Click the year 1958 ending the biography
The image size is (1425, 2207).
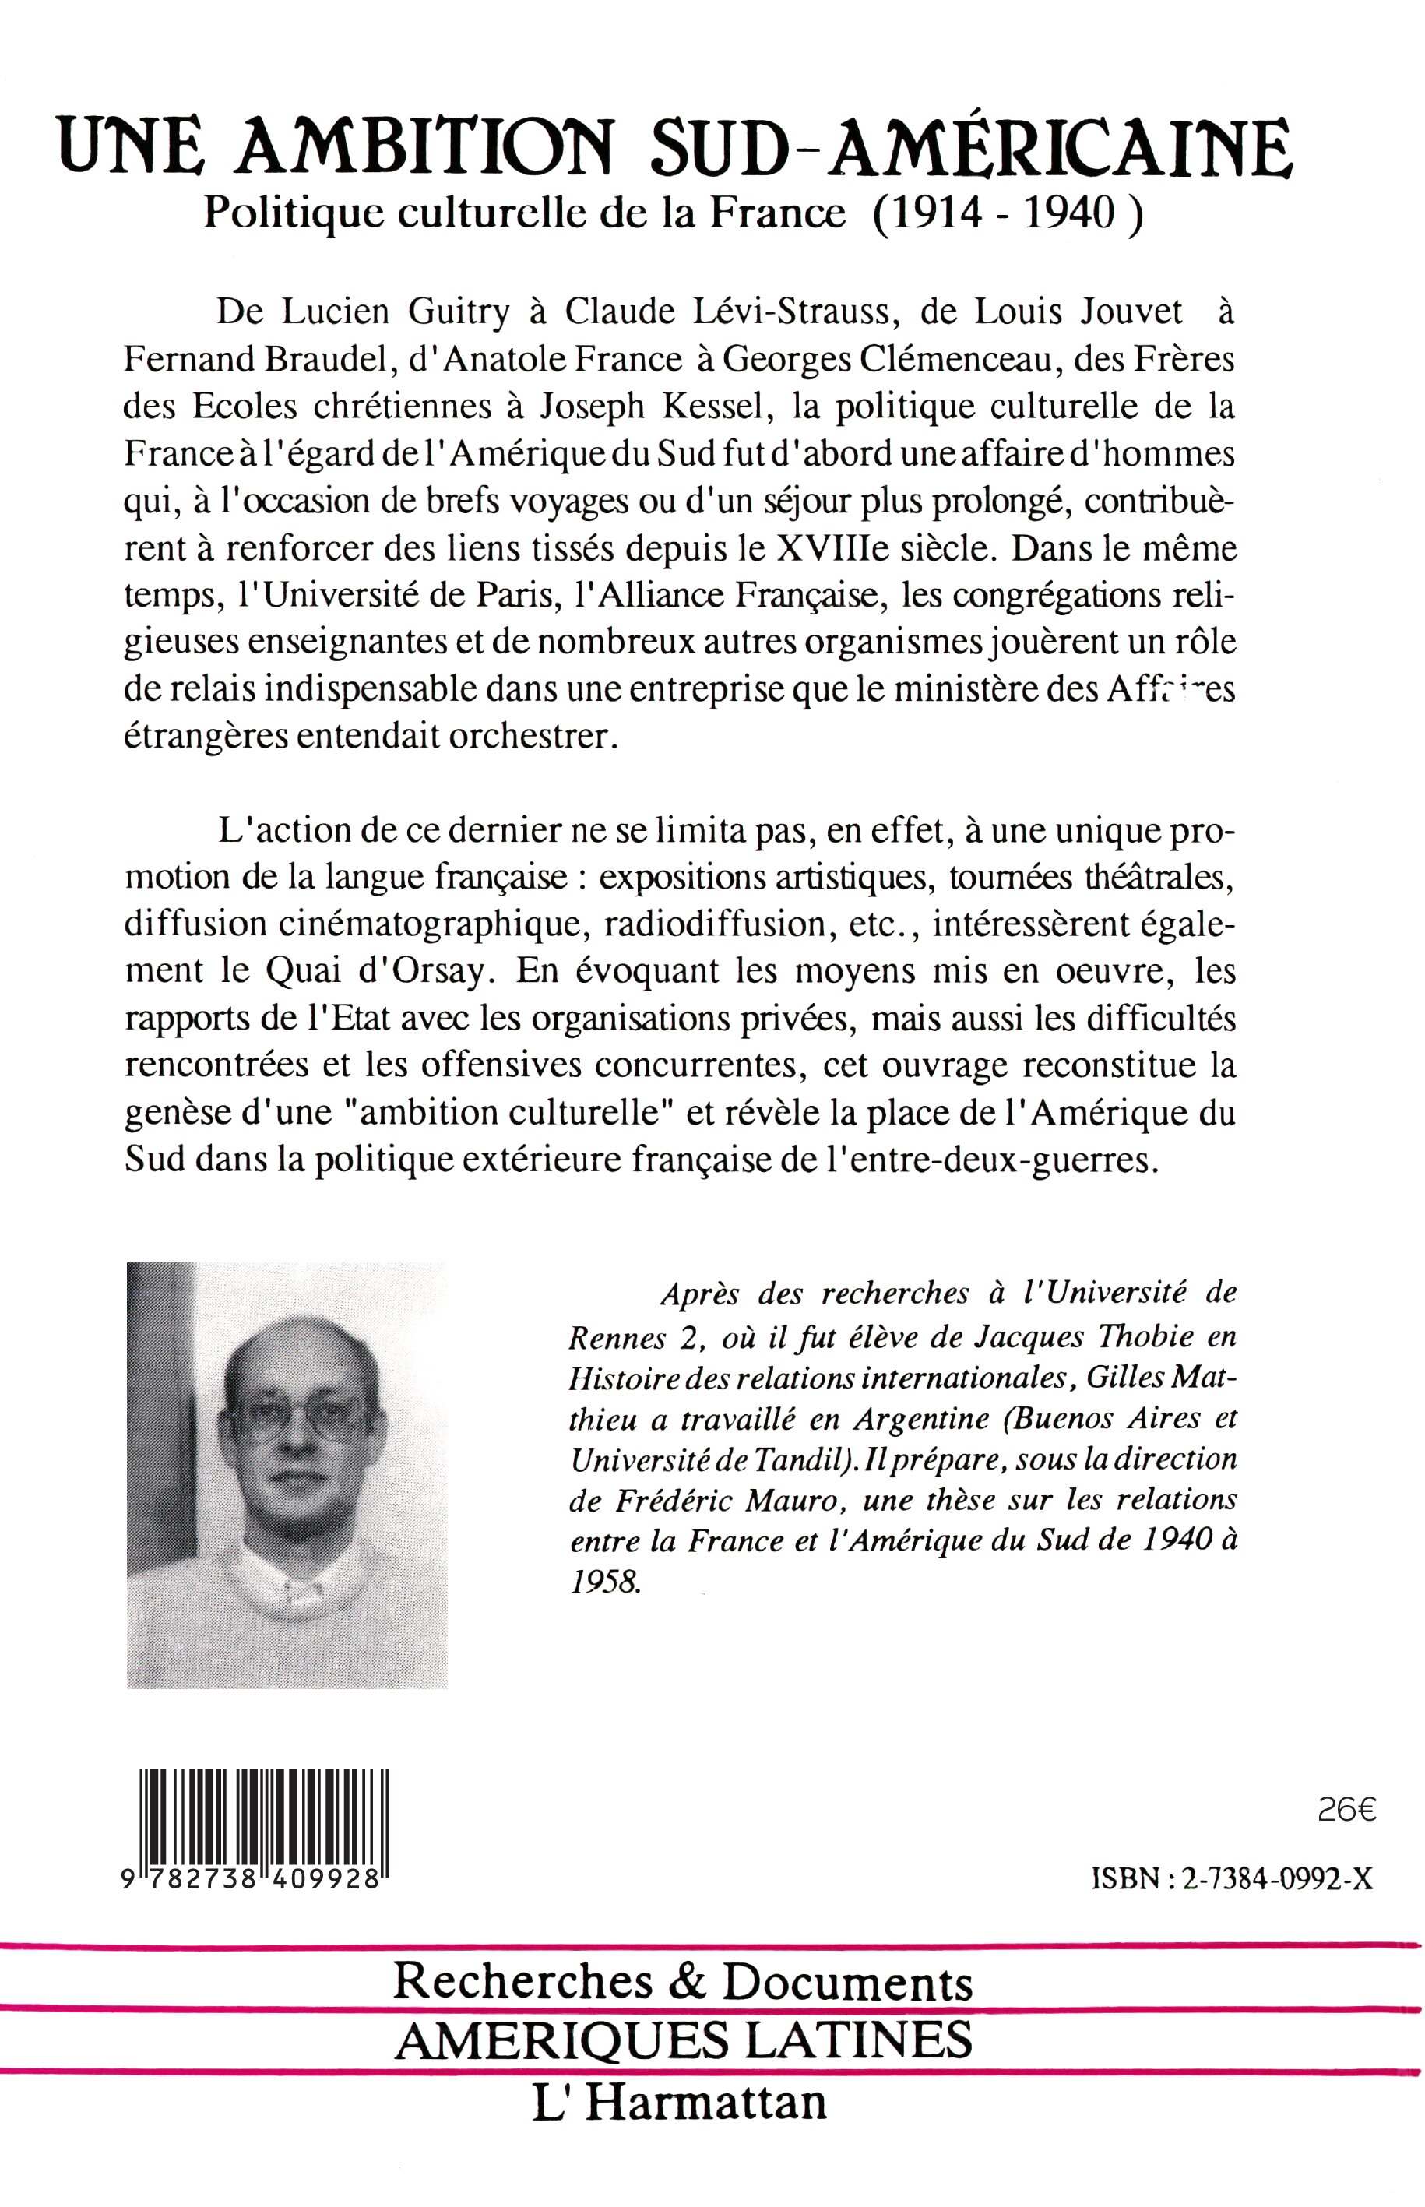click(603, 1582)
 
